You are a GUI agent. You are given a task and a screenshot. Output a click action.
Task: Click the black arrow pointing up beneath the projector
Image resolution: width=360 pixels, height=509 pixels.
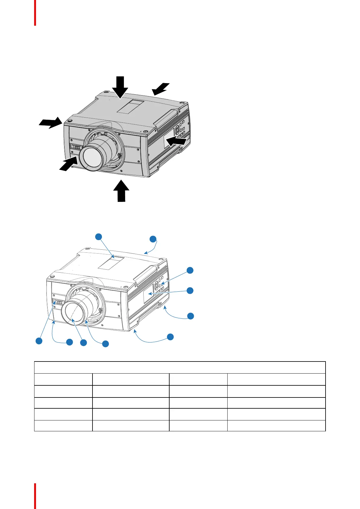coord(121,191)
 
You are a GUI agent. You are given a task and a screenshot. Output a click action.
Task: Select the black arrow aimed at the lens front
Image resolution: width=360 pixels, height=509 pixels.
coord(68,164)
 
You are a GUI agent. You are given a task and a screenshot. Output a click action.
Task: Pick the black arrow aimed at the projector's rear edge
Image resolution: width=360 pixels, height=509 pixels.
coord(160,88)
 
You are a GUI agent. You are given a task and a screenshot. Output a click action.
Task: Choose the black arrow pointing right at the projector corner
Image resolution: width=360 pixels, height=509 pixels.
coord(50,123)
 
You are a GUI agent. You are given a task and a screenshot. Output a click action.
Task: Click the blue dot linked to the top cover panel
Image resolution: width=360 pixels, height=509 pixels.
coord(99,237)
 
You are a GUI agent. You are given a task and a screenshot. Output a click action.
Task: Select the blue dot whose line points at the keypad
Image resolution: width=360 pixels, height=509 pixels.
coord(190,271)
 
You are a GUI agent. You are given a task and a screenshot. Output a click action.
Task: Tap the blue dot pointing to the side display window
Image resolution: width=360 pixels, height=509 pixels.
coord(190,290)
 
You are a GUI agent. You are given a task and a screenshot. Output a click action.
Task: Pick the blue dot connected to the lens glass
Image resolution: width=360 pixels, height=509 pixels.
coord(83,342)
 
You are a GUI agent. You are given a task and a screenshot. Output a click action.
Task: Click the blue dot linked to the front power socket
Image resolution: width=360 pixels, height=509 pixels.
coord(39,341)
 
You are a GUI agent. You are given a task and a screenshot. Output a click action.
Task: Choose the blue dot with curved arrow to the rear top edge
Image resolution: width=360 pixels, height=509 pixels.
coord(153,239)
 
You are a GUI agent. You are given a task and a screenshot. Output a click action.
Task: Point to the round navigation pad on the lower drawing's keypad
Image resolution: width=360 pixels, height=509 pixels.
coord(156,285)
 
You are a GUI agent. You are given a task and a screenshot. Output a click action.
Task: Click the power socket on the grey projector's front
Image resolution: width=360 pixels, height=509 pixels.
coord(76,147)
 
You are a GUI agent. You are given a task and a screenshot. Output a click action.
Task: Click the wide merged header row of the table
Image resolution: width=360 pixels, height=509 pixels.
coord(180,367)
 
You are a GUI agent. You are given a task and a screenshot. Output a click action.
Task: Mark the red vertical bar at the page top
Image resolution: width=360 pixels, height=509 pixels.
coord(35,13)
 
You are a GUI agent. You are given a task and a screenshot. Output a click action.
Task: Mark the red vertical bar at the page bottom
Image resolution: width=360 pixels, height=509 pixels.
coord(35,496)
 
